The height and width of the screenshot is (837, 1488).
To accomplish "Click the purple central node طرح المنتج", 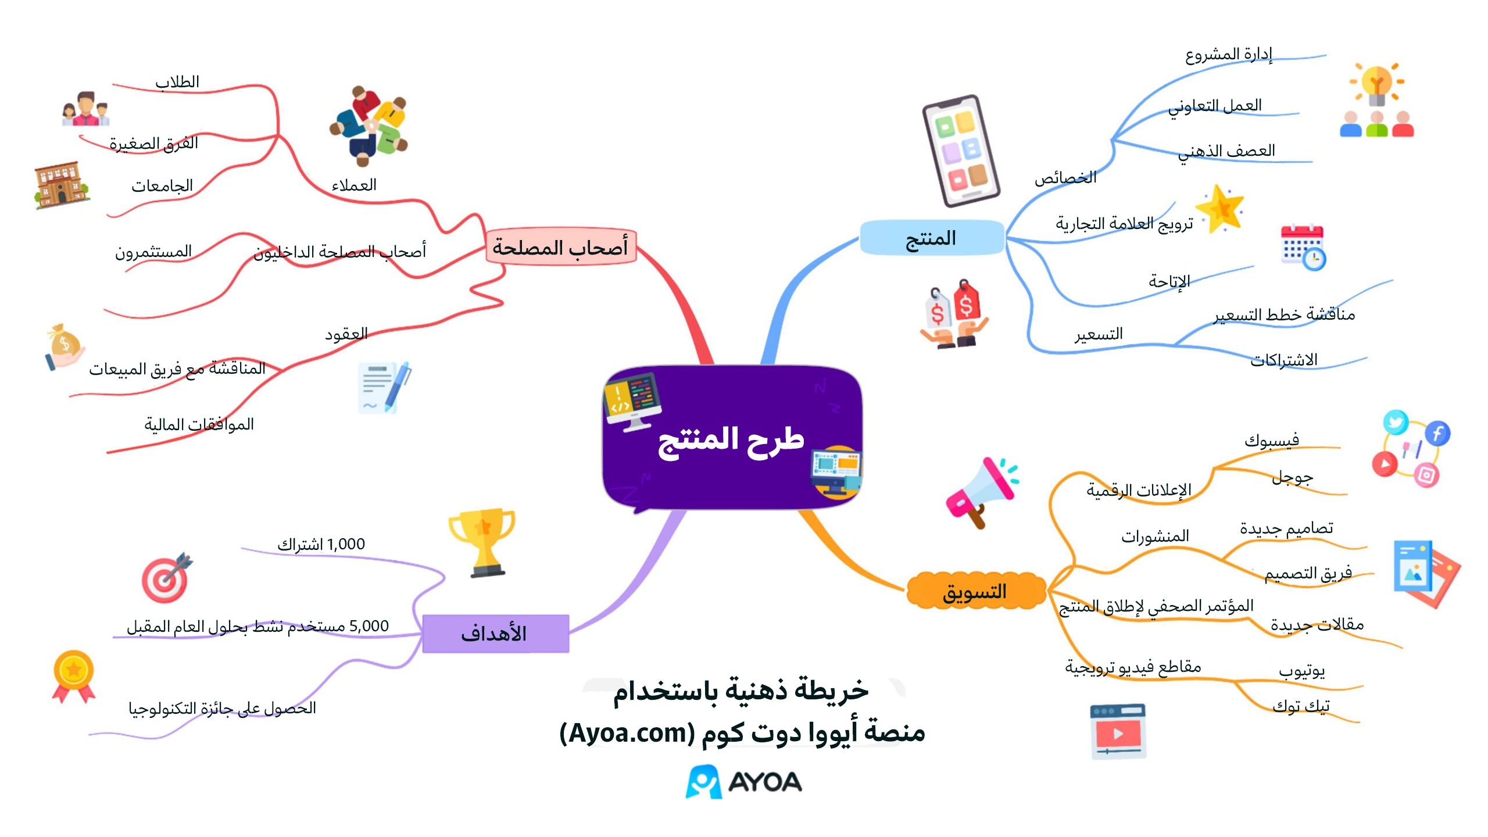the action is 732,438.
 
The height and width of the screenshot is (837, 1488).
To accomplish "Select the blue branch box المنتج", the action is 932,238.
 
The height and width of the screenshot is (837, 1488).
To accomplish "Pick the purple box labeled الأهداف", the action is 495,634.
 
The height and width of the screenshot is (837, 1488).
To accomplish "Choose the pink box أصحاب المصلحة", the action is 561,247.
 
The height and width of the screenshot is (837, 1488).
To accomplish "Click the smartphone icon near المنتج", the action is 960,151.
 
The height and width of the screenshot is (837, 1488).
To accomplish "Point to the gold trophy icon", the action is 482,543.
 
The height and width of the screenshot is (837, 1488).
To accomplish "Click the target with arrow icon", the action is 167,577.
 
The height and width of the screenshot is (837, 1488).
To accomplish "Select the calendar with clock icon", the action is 1303,247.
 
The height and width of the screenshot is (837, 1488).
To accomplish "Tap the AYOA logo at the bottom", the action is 744,782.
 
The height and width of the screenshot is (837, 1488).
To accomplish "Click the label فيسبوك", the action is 1272,440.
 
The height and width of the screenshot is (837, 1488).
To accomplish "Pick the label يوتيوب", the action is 1302,671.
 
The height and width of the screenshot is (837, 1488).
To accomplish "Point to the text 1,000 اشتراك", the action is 321,544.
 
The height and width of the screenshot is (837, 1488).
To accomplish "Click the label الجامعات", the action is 162,185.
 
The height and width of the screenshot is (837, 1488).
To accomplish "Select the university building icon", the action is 61,185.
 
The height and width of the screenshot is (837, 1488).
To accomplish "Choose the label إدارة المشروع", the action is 1229,55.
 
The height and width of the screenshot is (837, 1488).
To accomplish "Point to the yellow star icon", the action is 1219,209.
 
